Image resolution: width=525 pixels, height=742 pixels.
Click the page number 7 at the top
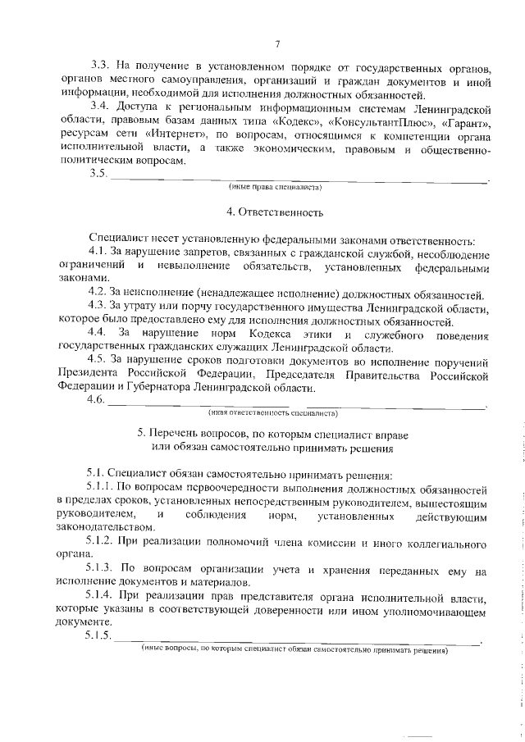(277, 44)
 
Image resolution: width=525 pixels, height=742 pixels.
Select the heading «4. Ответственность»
(276, 212)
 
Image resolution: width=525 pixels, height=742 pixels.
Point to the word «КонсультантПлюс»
(367, 121)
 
